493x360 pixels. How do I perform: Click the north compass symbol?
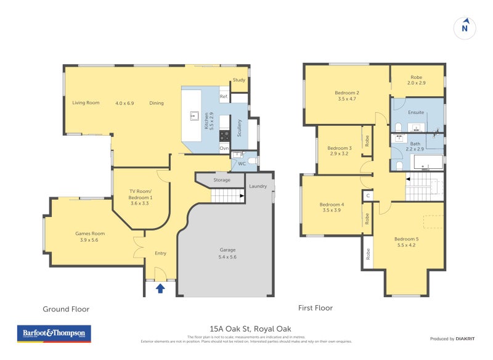click(465, 28)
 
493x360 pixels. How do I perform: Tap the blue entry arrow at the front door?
click(160, 287)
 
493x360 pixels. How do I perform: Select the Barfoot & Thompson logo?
click(54, 333)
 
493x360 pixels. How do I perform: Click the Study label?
click(239, 80)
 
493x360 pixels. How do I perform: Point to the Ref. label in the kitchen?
click(224, 97)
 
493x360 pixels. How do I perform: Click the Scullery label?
click(239, 130)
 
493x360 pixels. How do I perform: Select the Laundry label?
click(258, 186)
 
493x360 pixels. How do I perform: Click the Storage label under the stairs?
click(222, 180)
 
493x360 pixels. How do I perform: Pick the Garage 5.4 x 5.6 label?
click(228, 253)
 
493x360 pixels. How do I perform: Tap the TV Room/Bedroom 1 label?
click(142, 200)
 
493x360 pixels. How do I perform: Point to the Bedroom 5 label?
click(407, 242)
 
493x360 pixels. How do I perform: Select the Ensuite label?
click(417, 113)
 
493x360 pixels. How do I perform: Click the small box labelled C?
click(368, 196)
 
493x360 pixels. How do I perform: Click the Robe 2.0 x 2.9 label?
click(417, 79)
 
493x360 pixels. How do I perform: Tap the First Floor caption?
click(315, 308)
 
